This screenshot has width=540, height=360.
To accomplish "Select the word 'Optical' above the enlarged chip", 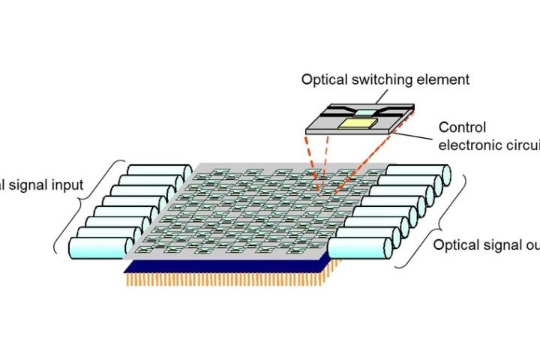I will tap(323, 79).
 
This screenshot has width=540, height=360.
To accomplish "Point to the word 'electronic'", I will tap(469, 145).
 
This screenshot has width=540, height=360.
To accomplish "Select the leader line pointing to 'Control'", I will tap(417, 136).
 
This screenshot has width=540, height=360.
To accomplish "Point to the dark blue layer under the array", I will tap(225, 266).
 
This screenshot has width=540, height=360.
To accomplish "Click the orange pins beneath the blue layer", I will tap(225, 280).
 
